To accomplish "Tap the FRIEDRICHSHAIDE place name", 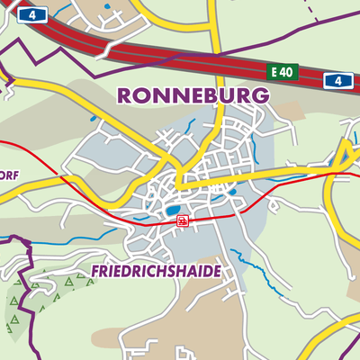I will pos(157,270).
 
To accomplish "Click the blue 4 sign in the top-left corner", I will pos(33,15).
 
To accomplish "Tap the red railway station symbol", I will pos(183,220).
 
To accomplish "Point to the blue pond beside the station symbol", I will pos(170,211).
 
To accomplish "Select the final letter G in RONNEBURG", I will pos(261,94).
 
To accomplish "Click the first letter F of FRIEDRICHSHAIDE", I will pos(97,270).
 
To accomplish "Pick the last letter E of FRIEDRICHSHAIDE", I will pos(216,270).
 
